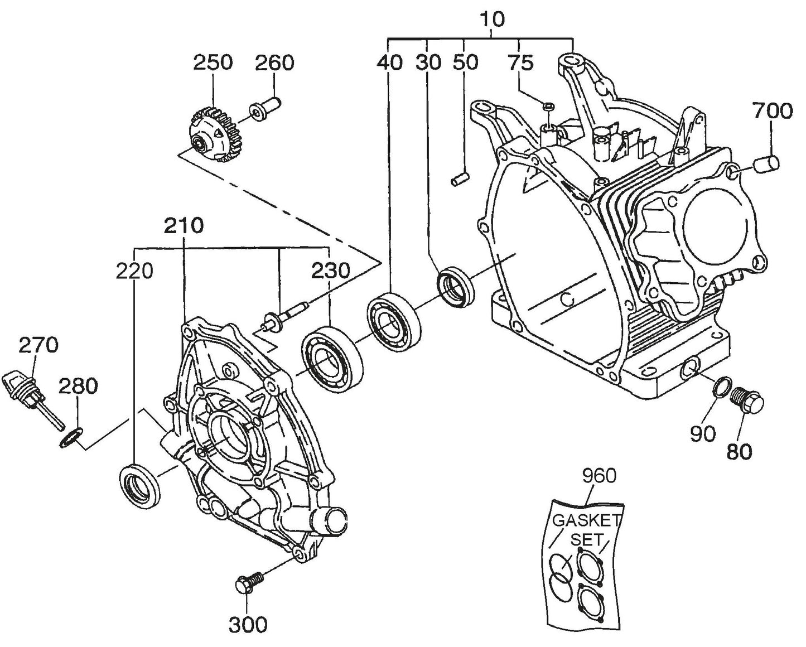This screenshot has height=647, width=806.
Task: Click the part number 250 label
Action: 213,62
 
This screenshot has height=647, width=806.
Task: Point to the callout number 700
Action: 773,111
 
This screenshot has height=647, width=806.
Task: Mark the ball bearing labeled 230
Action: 331,358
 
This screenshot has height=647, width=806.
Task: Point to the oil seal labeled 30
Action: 456,286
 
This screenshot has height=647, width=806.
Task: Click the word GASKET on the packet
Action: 586,520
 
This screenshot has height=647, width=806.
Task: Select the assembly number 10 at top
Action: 491,19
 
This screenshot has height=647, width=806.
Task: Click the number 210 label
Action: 184,226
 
